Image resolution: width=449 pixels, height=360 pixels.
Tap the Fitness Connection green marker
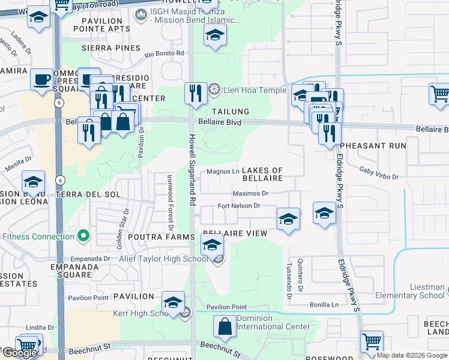tap(84, 236)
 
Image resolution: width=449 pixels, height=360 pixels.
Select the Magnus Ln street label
tap(223, 172)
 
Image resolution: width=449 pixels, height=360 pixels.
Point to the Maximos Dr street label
tap(251, 193)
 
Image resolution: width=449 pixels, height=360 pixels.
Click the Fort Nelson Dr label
tap(238, 206)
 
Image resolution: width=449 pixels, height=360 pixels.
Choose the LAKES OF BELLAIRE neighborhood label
tap(263, 175)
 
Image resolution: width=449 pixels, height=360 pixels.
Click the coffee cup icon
tap(42, 79)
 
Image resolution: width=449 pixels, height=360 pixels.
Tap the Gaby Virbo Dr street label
tap(379, 173)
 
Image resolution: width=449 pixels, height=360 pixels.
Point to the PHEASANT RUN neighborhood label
tap(373, 146)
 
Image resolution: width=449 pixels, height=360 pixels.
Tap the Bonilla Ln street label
tap(325, 305)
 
